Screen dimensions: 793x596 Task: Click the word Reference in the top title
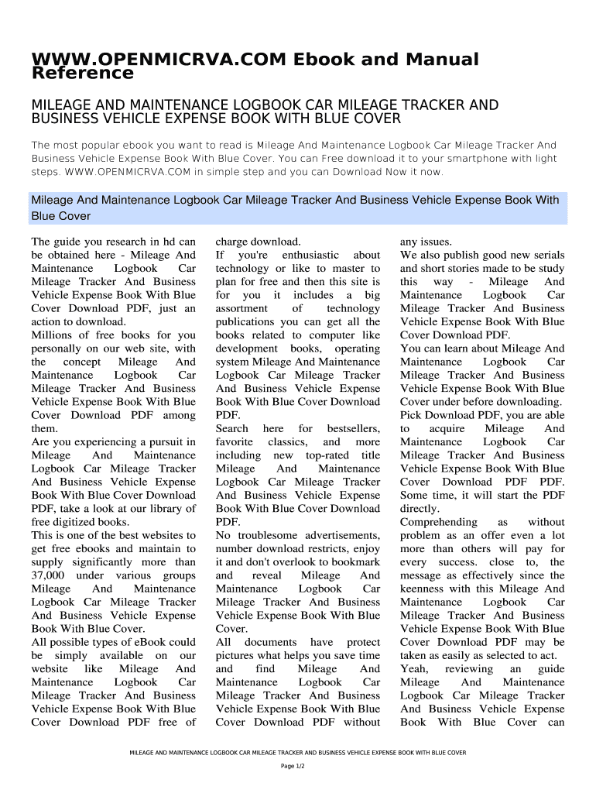pyautogui.click(x=82, y=74)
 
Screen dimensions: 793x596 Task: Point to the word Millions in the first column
pyautogui.click(x=51, y=335)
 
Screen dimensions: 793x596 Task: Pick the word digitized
pyautogui.click(x=79, y=522)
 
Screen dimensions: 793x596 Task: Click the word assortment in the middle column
pyautogui.click(x=241, y=308)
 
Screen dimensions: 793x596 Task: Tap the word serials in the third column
pyautogui.click(x=546, y=255)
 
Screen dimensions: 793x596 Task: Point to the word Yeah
pyautogui.click(x=414, y=669)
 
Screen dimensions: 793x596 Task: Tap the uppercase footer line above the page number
pyautogui.click(x=298, y=751)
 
